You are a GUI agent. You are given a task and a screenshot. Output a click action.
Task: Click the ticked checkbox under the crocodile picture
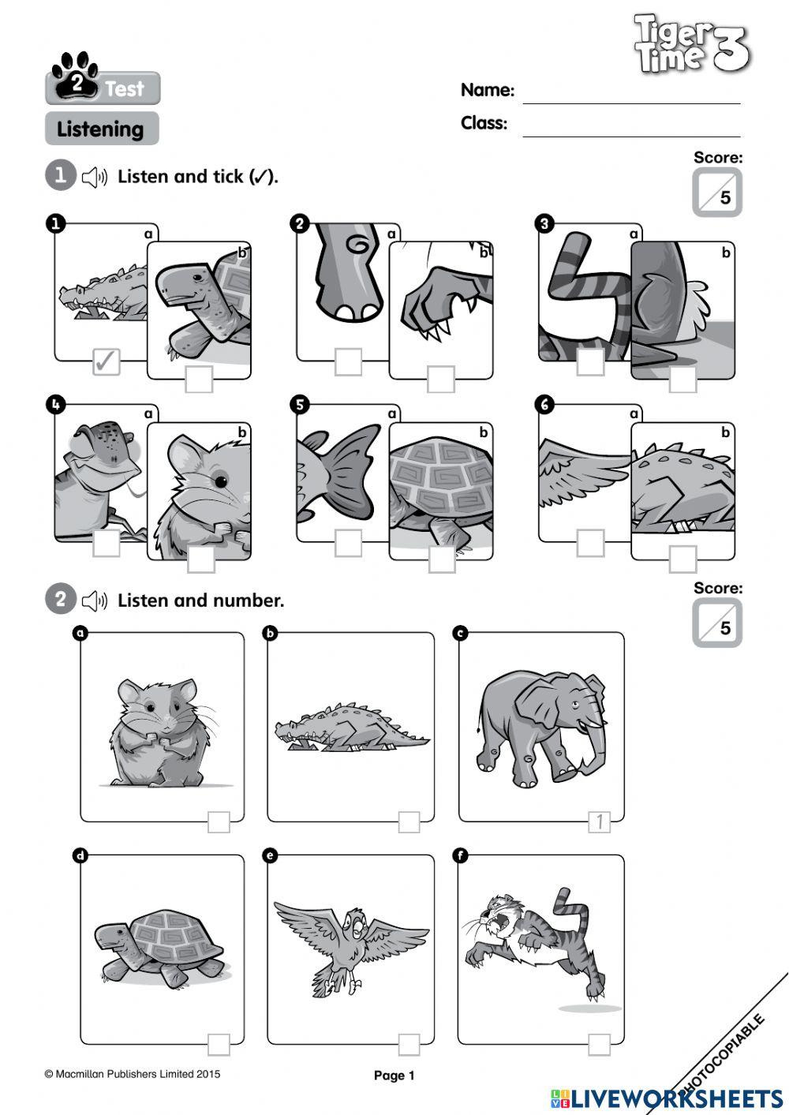coord(107,361)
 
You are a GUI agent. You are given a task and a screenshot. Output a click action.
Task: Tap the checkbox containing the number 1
coord(600,822)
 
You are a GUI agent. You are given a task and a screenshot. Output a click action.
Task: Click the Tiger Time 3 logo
coord(691,45)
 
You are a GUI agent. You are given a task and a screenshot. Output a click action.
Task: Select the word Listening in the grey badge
coord(100,129)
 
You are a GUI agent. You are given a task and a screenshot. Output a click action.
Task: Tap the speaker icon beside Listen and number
coord(95,601)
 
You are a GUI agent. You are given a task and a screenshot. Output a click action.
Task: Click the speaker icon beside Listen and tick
coord(95,178)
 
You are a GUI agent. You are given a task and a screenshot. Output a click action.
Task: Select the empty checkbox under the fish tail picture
coord(348,542)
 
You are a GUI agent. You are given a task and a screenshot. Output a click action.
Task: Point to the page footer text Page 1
coord(394,1076)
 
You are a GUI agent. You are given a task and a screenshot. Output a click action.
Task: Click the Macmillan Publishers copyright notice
coord(133,1074)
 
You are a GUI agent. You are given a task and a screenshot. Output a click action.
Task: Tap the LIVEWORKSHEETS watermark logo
coord(667,1098)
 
